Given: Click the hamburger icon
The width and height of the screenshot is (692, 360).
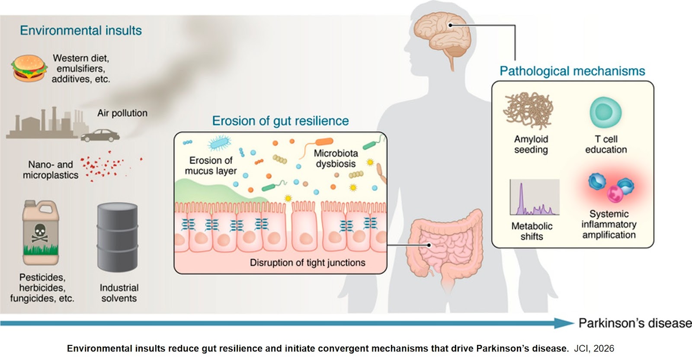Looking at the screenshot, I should [29, 68].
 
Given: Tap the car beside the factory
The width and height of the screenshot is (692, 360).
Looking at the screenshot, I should [100, 135].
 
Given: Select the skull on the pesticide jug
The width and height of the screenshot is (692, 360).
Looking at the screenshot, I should [40, 232].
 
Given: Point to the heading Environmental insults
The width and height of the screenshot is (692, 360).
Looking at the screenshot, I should [81, 31].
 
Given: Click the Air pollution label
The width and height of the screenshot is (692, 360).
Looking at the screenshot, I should [122, 113].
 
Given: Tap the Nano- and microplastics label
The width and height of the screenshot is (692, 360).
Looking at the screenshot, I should [51, 170].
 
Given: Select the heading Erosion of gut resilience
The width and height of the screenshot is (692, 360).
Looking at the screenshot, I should [280, 121].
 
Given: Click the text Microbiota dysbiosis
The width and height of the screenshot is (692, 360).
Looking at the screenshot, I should [336, 158].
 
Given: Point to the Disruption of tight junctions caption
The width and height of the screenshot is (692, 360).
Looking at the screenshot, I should [308, 263].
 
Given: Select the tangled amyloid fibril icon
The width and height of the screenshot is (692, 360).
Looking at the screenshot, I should [529, 111].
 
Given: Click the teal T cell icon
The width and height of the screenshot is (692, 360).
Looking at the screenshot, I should [605, 112].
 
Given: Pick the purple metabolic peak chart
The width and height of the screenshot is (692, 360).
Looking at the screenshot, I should [535, 198].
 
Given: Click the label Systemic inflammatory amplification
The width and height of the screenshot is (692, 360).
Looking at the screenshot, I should [609, 224].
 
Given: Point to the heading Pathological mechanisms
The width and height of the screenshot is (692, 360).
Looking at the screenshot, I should [572, 71].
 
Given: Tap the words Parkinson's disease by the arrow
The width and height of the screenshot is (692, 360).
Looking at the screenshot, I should [635, 323].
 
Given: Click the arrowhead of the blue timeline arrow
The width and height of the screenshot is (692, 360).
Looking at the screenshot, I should [564, 323].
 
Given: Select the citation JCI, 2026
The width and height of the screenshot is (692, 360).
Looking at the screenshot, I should [594, 349].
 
